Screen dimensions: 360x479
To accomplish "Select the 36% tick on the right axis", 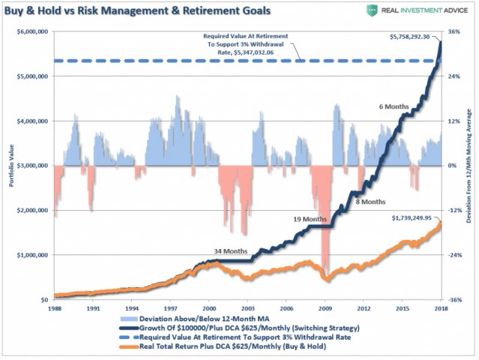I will coord(454,31).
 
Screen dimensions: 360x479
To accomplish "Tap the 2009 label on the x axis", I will coord(325,307).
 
